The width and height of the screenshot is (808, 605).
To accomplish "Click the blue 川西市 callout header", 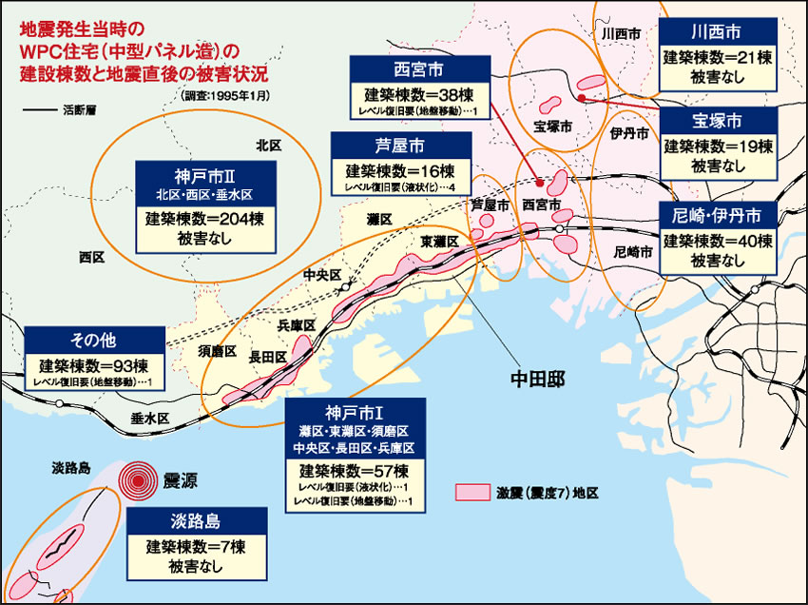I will point(717,31).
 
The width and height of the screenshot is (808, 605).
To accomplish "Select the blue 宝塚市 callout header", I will point(717,121).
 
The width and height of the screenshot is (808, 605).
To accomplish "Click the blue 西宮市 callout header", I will point(419,69).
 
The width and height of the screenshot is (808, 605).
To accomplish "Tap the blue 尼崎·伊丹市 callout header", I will point(717,211).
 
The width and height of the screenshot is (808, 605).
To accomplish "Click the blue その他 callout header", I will point(93,340).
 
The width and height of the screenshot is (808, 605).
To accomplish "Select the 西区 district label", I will point(92,257).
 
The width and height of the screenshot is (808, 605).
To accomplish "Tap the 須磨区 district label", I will point(210,352).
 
